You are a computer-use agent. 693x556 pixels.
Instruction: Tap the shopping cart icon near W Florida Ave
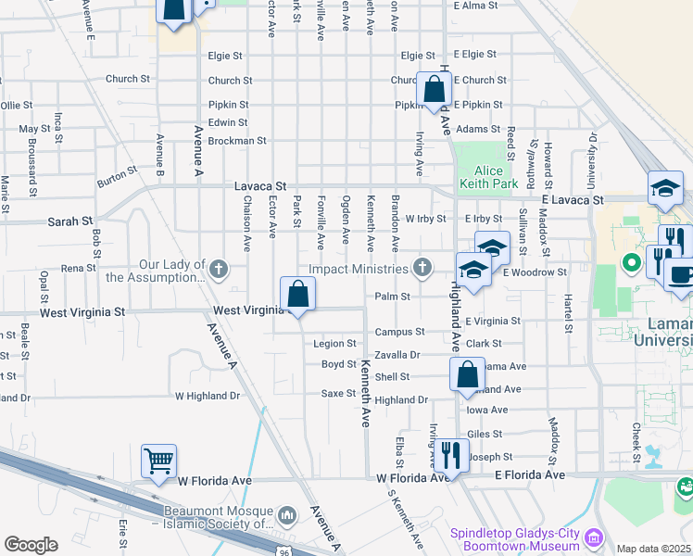158,461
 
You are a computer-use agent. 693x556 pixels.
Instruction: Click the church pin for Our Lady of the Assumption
218,269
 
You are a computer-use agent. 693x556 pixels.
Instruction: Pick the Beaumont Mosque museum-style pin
287,512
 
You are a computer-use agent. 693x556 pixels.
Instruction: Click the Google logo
31,544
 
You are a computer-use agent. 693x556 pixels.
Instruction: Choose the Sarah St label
77,222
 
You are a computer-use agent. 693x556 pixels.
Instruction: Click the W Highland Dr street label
208,396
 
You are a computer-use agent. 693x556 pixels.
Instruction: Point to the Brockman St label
237,141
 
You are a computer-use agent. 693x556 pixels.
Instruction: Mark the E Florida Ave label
529,474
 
